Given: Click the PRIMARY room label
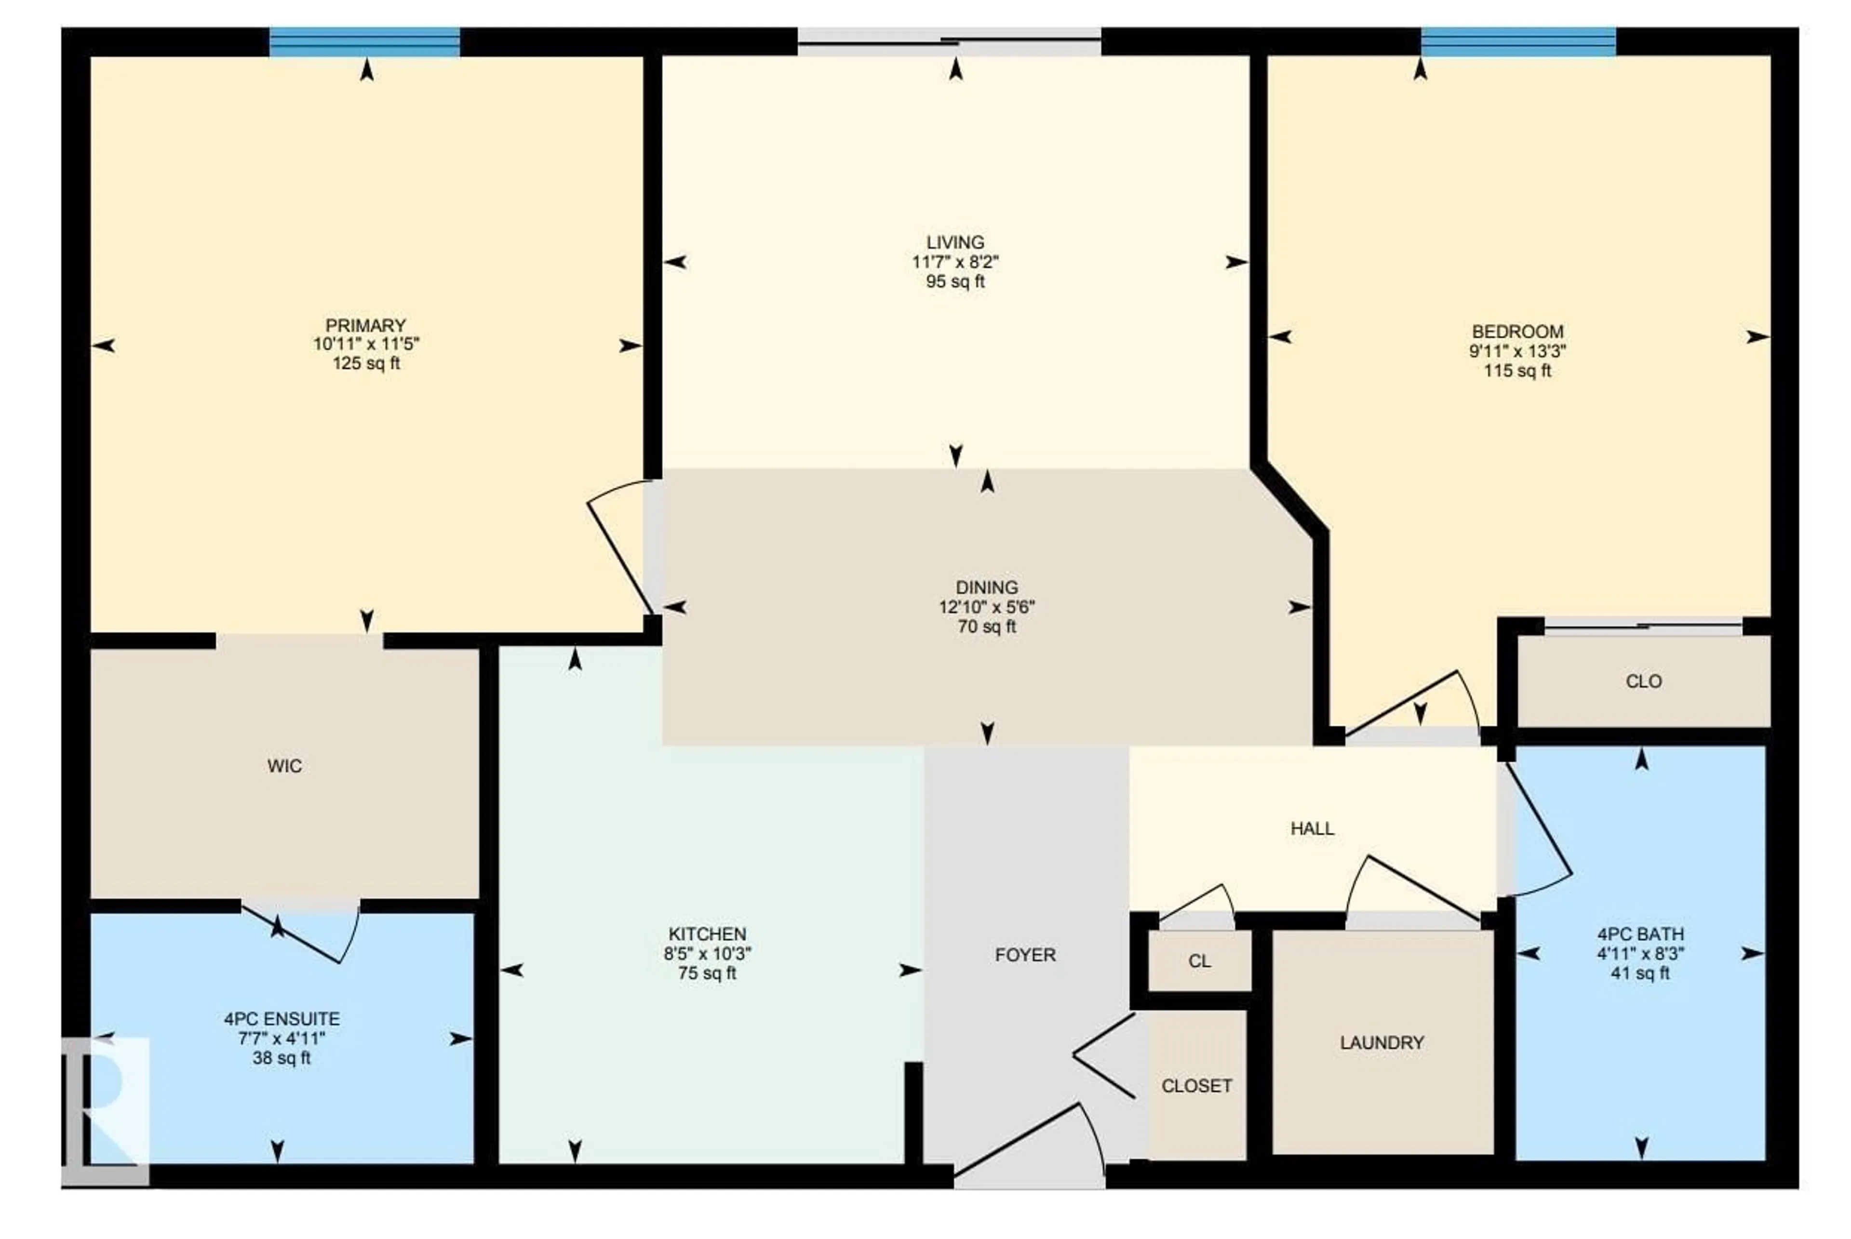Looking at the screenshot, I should (x=365, y=326).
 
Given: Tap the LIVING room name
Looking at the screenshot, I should (x=955, y=242).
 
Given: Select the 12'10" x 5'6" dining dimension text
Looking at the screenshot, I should (x=986, y=607).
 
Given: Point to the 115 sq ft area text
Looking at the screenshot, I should (x=1517, y=371).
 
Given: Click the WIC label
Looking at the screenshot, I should (x=284, y=766).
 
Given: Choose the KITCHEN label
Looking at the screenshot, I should (x=707, y=934).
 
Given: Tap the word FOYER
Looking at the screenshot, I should (x=1025, y=955).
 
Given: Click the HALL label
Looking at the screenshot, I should (x=1312, y=828).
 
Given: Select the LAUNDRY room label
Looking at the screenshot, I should (x=1382, y=1043).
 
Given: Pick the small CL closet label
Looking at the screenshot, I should (x=1199, y=961).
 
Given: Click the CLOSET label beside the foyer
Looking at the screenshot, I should (x=1196, y=1086).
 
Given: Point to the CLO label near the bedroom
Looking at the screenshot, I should (x=1643, y=681).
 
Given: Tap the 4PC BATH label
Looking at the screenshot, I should (x=1640, y=934).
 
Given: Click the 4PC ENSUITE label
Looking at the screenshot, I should (x=282, y=1019).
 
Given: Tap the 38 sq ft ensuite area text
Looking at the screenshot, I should (x=282, y=1058).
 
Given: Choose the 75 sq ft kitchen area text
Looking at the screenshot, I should (x=707, y=973).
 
